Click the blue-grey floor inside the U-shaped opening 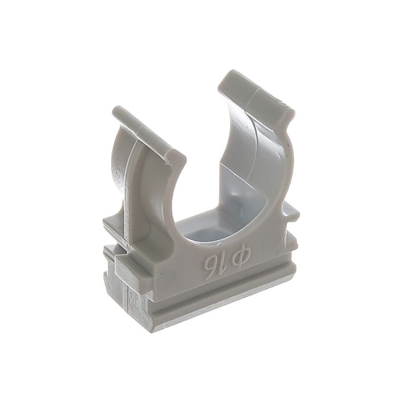click(206, 230)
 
